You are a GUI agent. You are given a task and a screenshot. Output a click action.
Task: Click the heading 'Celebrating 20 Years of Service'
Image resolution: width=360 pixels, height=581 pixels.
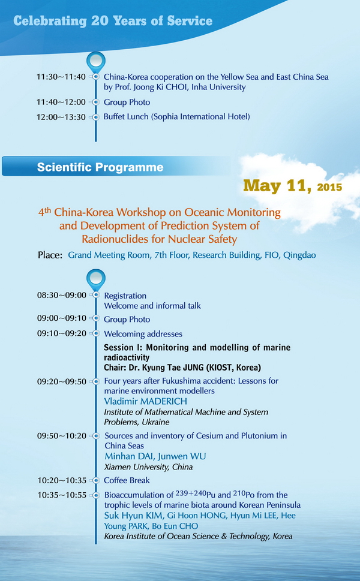(x=113, y=21)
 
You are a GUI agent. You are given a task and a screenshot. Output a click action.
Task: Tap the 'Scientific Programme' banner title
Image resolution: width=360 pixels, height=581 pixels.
(x=100, y=167)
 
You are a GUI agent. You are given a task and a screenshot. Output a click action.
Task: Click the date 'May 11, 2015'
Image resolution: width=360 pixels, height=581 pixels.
(x=293, y=186)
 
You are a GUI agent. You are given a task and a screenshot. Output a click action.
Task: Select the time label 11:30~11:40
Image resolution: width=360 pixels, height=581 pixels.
(x=61, y=77)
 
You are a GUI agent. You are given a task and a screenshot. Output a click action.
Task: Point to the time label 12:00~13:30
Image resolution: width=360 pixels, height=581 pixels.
(x=61, y=117)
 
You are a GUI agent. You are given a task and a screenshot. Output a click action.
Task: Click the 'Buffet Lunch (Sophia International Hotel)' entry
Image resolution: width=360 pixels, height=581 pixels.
(x=176, y=117)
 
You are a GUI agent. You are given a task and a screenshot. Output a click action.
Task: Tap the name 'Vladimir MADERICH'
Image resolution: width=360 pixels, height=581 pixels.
(x=145, y=401)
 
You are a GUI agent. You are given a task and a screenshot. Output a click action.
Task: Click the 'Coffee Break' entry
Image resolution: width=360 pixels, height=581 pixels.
(x=127, y=480)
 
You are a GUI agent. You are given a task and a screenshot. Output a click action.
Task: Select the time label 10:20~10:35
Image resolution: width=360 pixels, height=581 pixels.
(x=62, y=481)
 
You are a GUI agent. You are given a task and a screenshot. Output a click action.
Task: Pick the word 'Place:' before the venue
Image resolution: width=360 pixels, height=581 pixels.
(x=50, y=255)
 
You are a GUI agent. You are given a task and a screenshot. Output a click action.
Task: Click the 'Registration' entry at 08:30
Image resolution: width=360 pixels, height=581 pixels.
(x=125, y=296)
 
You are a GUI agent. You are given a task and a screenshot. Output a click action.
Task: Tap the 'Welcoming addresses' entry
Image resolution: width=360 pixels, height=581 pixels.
(x=143, y=334)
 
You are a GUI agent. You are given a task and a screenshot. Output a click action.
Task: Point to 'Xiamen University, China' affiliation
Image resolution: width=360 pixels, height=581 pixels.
(x=148, y=467)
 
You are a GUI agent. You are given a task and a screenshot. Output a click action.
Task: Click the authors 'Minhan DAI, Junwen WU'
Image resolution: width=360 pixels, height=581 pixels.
(x=155, y=456)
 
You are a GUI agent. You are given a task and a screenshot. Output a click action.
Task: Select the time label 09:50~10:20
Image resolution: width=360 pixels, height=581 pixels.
(x=62, y=436)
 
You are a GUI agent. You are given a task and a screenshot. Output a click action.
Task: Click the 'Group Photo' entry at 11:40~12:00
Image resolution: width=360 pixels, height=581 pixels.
(x=127, y=103)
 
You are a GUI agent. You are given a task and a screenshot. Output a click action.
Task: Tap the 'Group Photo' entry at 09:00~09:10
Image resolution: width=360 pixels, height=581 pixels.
(x=127, y=320)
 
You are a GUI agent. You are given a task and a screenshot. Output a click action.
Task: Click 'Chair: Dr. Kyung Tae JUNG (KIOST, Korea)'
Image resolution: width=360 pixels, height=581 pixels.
(x=182, y=368)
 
